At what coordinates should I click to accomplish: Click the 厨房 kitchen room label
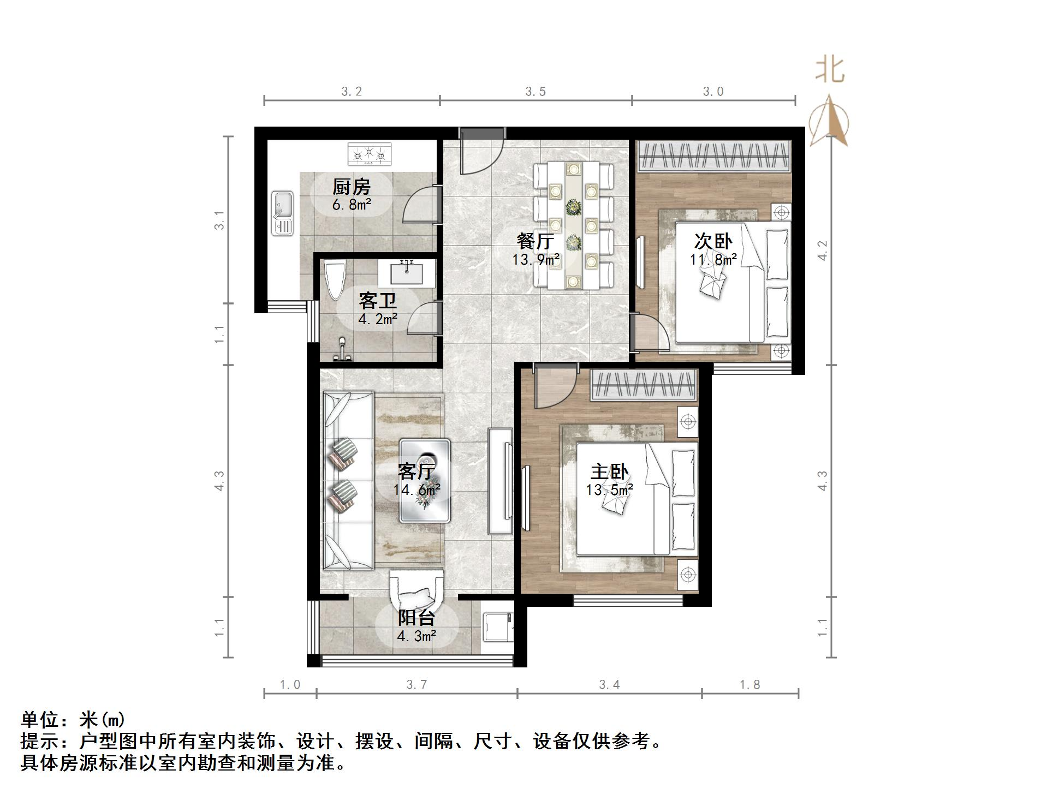tap(352, 187)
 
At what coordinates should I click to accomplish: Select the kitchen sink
tap(282, 213)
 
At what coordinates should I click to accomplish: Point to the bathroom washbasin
tap(407, 272)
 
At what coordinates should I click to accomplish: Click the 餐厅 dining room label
tap(535, 241)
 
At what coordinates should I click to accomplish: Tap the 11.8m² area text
tap(713, 260)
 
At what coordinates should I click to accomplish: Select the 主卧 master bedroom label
tap(609, 471)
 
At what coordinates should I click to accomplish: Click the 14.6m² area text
tap(417, 489)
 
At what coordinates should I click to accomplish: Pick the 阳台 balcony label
tap(416, 618)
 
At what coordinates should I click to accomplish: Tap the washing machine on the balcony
tap(498, 628)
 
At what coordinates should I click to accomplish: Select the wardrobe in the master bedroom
tap(644, 384)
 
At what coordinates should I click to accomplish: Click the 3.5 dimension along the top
tap(536, 92)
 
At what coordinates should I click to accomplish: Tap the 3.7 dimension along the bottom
tap(417, 685)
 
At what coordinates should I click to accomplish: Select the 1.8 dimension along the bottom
tap(749, 685)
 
